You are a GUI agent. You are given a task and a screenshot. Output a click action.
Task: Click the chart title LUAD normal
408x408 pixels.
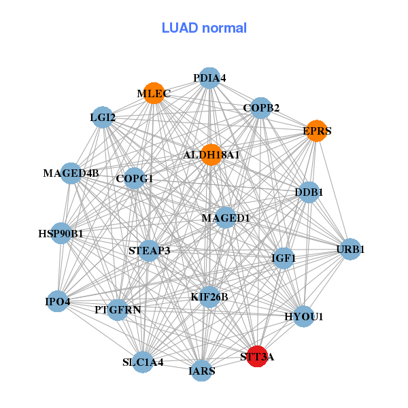[x=204, y=28]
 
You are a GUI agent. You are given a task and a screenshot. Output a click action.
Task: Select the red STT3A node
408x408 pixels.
[x=256, y=356]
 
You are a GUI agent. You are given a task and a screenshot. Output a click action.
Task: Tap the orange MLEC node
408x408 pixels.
[x=154, y=92]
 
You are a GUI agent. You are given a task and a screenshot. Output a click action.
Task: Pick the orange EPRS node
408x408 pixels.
[x=316, y=131]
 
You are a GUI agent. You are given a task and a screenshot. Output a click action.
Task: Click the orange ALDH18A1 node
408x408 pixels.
[x=211, y=155]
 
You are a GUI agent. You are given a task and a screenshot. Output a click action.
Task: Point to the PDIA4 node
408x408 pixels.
[x=209, y=78]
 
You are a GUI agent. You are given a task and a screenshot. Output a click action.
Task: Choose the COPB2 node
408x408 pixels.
[x=262, y=107]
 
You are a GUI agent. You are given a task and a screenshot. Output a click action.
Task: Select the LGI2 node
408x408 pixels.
[x=102, y=118]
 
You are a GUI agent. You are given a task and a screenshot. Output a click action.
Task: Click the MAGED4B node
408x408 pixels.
[x=71, y=173]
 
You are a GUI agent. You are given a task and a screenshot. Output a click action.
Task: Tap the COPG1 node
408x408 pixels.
[x=135, y=179]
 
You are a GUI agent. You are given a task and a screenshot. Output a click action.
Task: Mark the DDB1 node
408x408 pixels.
[x=309, y=192]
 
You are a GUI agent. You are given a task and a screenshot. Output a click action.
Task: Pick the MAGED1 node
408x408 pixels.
[x=226, y=218]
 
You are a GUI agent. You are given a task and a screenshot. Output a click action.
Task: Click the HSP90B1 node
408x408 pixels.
[x=61, y=234]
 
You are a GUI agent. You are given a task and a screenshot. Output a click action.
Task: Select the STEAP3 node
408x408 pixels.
[x=149, y=251]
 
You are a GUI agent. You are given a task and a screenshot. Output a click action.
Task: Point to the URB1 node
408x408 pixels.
[x=350, y=250]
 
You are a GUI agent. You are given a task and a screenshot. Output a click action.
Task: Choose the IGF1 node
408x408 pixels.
[x=284, y=258]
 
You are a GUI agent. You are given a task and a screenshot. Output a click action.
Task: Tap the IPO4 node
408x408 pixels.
[x=58, y=301]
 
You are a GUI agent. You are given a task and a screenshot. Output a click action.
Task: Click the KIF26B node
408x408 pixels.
[x=209, y=296]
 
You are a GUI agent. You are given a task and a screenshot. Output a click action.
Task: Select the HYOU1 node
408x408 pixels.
[x=303, y=316]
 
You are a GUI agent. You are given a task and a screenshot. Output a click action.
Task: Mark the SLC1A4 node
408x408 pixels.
[x=143, y=362]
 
